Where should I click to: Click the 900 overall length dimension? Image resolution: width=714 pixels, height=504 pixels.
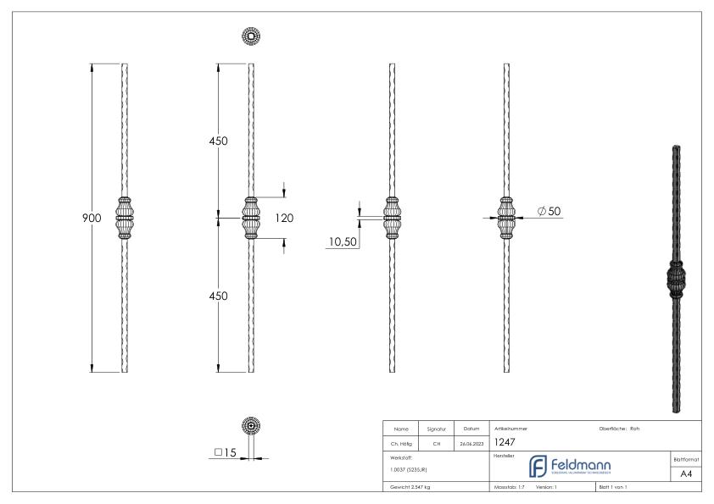92,219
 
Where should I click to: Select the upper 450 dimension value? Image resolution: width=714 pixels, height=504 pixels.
218,141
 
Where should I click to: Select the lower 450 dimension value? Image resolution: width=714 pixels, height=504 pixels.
218,296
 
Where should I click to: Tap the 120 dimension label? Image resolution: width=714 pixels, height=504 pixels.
284,219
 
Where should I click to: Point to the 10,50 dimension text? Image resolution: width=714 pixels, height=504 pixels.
343,243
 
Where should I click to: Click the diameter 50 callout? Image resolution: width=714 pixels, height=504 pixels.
549,211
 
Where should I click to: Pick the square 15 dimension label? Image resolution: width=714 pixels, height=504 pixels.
225,452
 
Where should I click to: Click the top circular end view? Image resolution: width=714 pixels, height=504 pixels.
251,36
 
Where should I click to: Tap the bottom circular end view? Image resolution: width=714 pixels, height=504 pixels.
251,427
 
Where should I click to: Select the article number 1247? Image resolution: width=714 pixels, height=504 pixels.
506,441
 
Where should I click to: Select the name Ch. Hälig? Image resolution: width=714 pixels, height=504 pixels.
400,442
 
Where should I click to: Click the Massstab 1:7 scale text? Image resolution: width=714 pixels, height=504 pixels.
510,488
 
